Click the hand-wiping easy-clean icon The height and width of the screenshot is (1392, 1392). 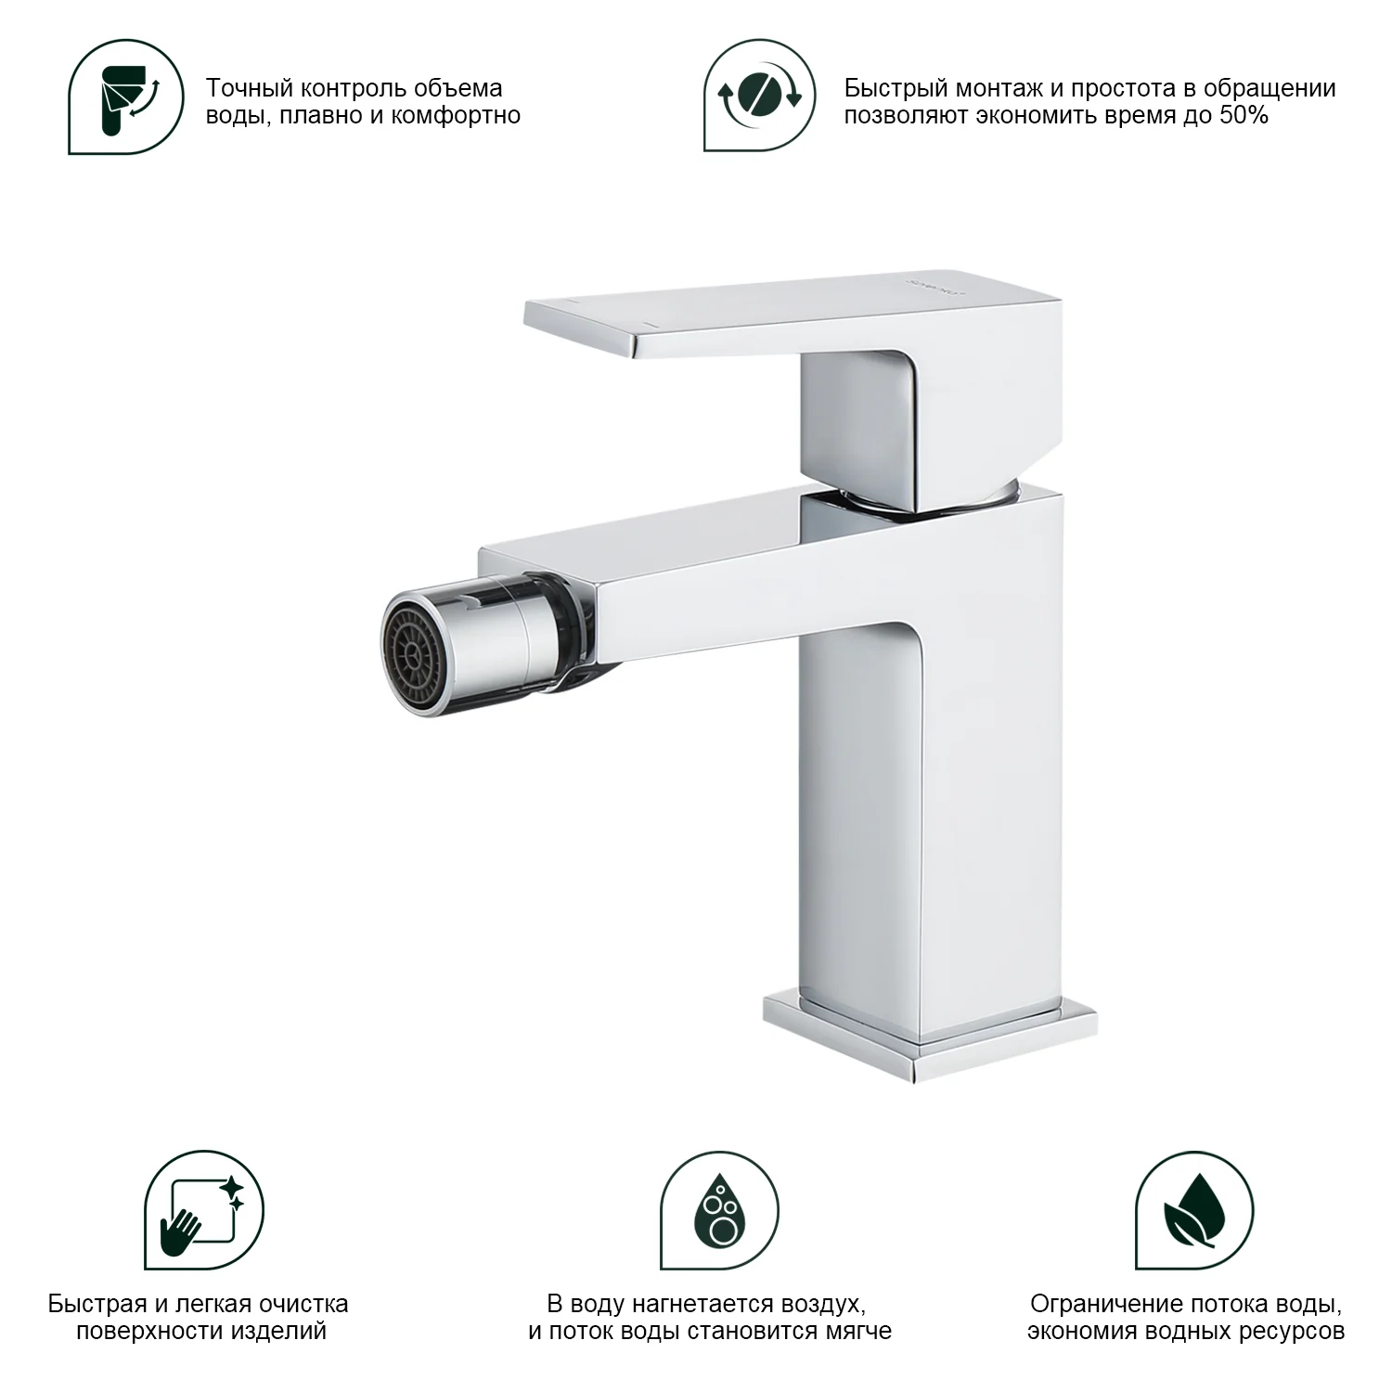(x=204, y=1210)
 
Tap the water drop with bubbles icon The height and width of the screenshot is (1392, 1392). (x=719, y=1210)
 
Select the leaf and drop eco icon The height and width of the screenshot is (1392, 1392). (x=1194, y=1210)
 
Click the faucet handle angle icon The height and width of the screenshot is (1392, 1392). (x=128, y=97)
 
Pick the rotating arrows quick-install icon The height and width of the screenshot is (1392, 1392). (x=760, y=95)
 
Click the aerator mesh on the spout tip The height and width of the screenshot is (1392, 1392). (x=409, y=642)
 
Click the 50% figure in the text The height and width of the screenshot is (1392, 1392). (x=1242, y=116)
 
